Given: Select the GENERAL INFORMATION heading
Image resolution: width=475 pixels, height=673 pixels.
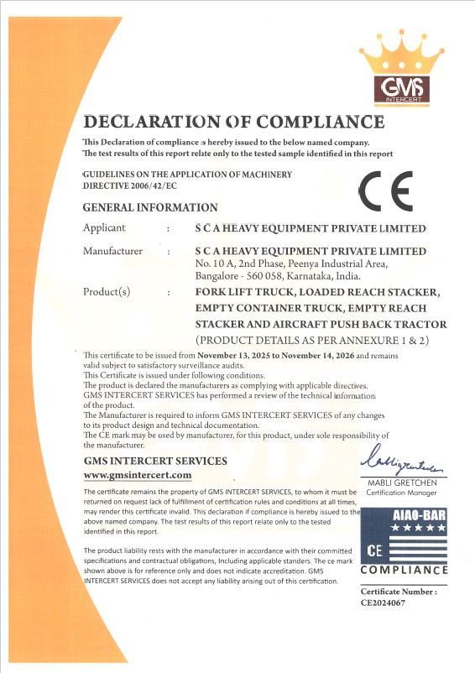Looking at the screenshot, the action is coord(150,207).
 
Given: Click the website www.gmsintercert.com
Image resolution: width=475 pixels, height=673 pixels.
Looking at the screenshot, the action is coord(137,476).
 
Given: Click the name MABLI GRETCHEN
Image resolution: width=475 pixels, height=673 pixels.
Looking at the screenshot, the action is coord(405,483).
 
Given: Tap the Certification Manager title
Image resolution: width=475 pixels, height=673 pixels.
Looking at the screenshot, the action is coord(405,493).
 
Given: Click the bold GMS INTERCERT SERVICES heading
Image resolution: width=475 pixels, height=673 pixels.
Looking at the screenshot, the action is coord(155,462).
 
